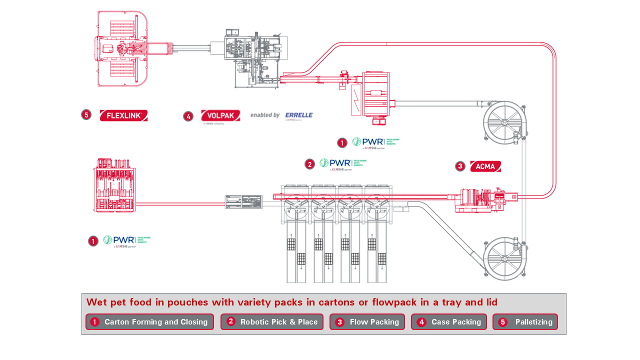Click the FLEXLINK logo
tap(123, 115)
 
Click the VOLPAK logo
tap(220, 115)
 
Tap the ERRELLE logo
tap(298, 115)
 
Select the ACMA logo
tap(485, 166)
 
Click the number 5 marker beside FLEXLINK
tap(86, 115)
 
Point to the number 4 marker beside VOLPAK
tap(188, 116)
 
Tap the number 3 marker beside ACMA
tap(460, 166)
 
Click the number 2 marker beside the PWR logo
tap(310, 164)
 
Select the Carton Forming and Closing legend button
tap(149, 322)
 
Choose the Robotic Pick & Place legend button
tap(272, 322)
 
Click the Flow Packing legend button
tap(367, 322)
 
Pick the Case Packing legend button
tap(449, 322)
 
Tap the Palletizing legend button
tap(525, 322)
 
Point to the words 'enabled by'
tap(265, 115)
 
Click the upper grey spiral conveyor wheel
tap(505, 123)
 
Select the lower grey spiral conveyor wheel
tap(505, 258)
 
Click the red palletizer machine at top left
tap(122, 49)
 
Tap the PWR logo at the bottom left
tap(126, 241)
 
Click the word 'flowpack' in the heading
tap(401, 302)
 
